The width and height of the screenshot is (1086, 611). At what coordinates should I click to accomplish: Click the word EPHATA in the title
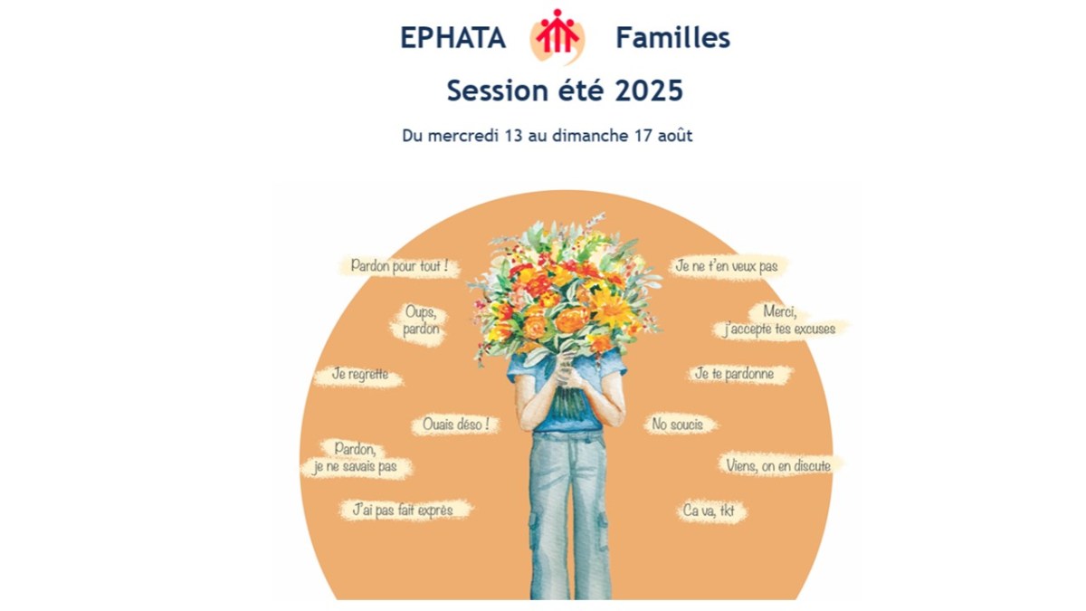tap(452, 38)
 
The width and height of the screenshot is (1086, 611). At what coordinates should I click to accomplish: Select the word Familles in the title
tap(672, 38)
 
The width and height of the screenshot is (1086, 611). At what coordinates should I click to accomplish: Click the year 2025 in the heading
tap(647, 91)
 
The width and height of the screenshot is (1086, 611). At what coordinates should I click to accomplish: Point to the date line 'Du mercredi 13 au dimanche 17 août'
tap(548, 136)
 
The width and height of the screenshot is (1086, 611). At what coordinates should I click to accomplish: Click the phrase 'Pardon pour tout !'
tap(399, 267)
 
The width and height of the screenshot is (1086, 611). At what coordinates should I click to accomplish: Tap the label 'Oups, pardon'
tap(422, 320)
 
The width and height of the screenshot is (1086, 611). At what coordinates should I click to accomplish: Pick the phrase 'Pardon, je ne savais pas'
tap(355, 458)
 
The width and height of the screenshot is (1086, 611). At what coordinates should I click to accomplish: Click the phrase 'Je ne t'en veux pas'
tap(727, 266)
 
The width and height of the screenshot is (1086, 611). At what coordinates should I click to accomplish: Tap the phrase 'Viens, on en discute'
tap(778, 465)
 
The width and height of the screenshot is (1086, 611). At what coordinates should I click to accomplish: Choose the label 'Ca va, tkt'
tap(709, 511)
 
